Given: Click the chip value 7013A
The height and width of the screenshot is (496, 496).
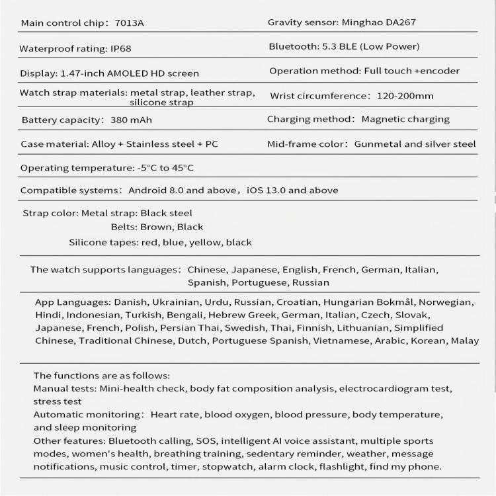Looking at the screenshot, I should point(130,23).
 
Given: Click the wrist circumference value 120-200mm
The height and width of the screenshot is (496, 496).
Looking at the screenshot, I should point(405,96).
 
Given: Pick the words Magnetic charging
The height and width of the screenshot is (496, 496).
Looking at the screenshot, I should point(405,119).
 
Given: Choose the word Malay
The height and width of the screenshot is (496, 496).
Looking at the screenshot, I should point(465,341).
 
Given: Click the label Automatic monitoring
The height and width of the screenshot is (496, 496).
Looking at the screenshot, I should point(85,415).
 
